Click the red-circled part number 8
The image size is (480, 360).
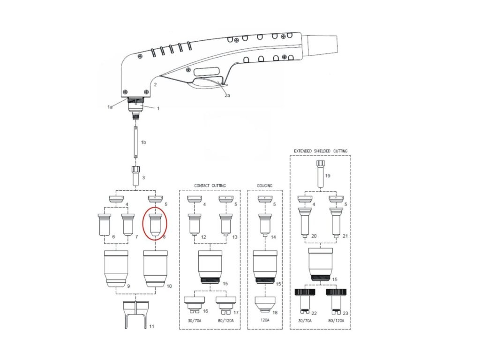point(155,224)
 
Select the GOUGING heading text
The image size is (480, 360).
point(265,186)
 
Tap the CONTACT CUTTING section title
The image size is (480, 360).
point(210,186)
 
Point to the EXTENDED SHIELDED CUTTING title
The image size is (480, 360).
point(321,151)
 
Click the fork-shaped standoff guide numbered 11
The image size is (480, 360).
point(135,314)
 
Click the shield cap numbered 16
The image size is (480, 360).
point(194,303)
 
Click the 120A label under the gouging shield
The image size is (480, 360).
point(265,320)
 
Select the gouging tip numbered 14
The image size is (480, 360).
point(265,224)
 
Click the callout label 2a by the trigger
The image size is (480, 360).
point(227,95)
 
